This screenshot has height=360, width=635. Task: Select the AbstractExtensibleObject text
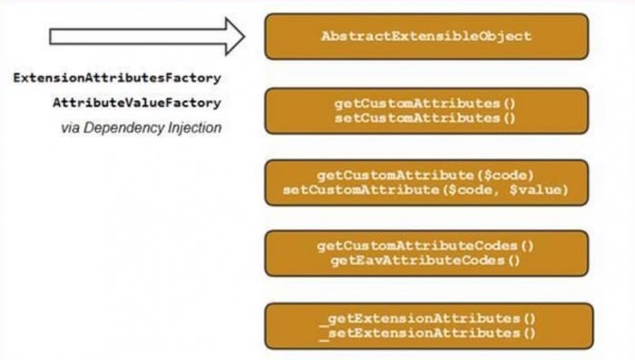pyautogui.click(x=425, y=36)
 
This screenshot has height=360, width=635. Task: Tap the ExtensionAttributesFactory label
pyautogui.click(x=117, y=79)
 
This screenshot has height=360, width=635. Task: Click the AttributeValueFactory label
pyautogui.click(x=136, y=103)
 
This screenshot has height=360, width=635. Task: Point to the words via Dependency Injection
pyautogui.click(x=141, y=128)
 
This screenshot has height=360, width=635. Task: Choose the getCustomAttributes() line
pyautogui.click(x=425, y=103)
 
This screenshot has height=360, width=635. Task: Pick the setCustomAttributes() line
pyautogui.click(x=425, y=117)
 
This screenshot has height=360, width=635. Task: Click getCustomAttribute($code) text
pyautogui.click(x=425, y=175)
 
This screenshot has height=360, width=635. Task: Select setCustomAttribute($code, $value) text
pyautogui.click(x=425, y=190)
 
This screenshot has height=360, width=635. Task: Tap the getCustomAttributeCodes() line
pyautogui.click(x=425, y=247)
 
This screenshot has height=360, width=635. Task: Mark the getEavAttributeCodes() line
pyautogui.click(x=425, y=261)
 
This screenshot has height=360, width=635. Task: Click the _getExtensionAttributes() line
pyautogui.click(x=425, y=318)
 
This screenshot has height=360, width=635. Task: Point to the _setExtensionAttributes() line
pyautogui.click(x=425, y=332)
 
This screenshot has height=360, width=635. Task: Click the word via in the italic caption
pyautogui.click(x=71, y=128)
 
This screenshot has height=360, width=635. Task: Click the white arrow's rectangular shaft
pyautogui.click(x=127, y=36)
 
